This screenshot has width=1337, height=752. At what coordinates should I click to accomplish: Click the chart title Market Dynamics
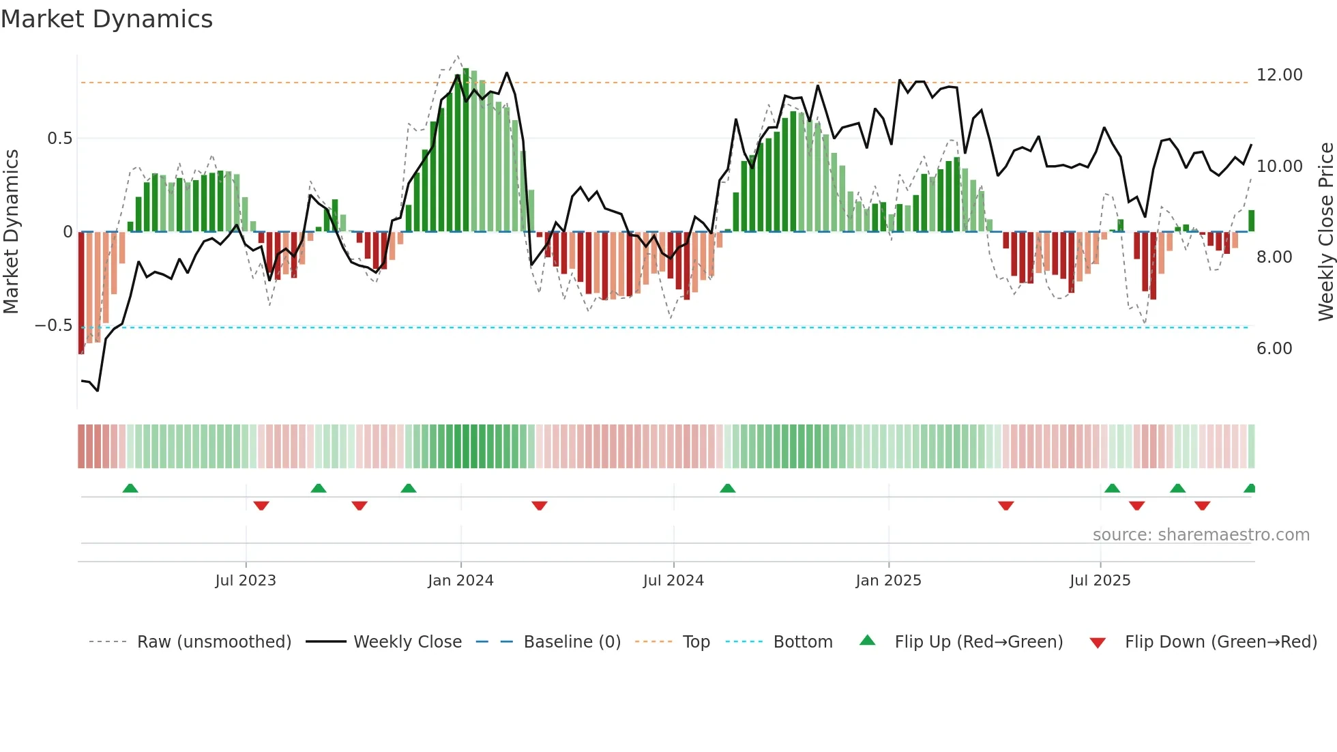click(106, 19)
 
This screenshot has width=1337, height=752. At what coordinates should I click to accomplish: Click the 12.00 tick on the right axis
click(1279, 75)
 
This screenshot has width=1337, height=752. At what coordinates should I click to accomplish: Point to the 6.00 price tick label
click(1274, 349)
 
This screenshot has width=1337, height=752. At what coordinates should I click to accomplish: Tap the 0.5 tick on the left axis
click(59, 139)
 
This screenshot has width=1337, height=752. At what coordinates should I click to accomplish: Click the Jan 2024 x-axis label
click(460, 581)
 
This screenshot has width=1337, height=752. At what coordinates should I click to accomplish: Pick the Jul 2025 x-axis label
click(1100, 581)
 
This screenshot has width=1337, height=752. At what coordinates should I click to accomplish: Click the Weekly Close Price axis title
click(1325, 232)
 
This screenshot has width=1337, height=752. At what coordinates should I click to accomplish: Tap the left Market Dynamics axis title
click(11, 232)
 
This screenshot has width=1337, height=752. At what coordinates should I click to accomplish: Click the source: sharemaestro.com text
click(1201, 535)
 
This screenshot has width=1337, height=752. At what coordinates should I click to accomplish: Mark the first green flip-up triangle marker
click(130, 488)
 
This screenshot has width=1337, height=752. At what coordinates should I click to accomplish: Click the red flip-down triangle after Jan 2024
click(540, 506)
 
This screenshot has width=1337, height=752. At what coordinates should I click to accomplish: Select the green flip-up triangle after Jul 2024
click(728, 488)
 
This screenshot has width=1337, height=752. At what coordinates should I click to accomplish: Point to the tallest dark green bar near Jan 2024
click(466, 150)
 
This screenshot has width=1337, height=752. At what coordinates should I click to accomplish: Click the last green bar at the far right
click(1251, 221)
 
